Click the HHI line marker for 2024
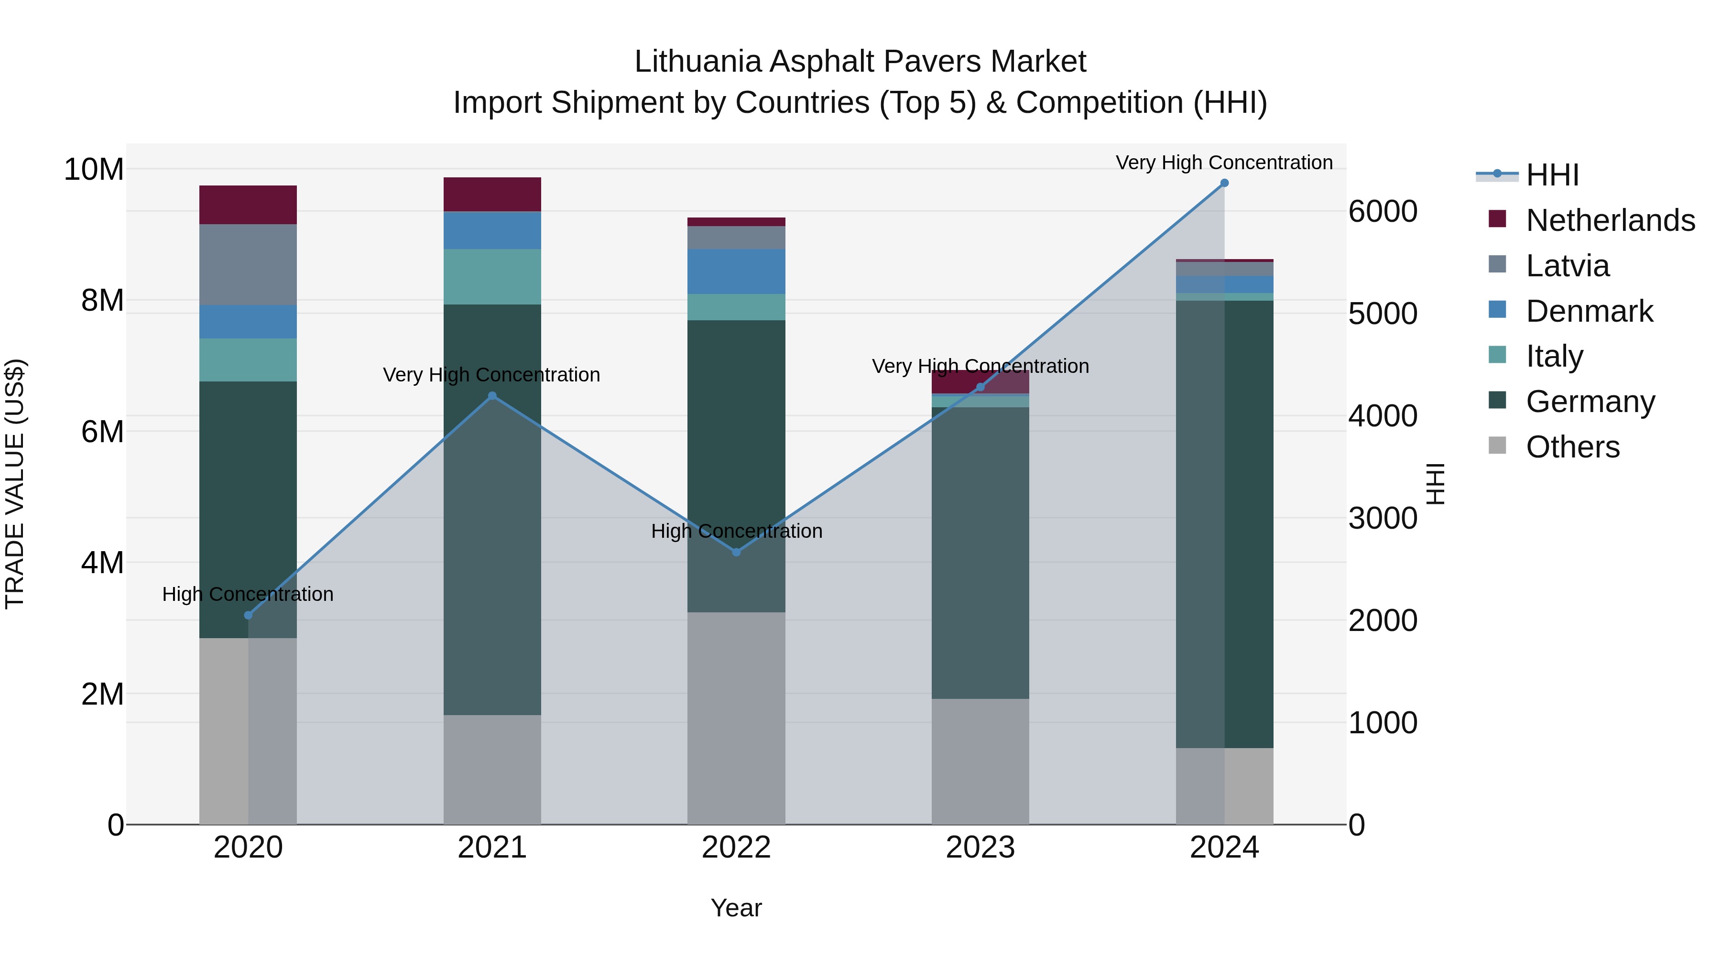pos(1224,183)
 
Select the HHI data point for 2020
pos(249,615)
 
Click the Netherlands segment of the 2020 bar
pos(248,205)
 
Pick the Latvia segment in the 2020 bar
pos(248,264)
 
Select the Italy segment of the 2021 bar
pos(492,277)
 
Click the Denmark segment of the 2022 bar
pos(736,271)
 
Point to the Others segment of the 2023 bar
pos(980,761)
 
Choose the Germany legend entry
pos(1590,402)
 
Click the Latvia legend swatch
pos(1497,264)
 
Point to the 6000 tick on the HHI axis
pos(1382,212)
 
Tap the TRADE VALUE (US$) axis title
pos(15,484)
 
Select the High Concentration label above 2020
pos(248,594)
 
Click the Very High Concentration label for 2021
pos(492,375)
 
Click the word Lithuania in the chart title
pos(697,62)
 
